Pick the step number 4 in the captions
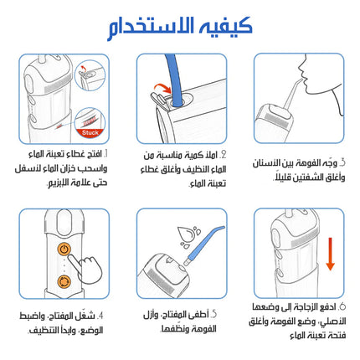pos(100,316)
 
